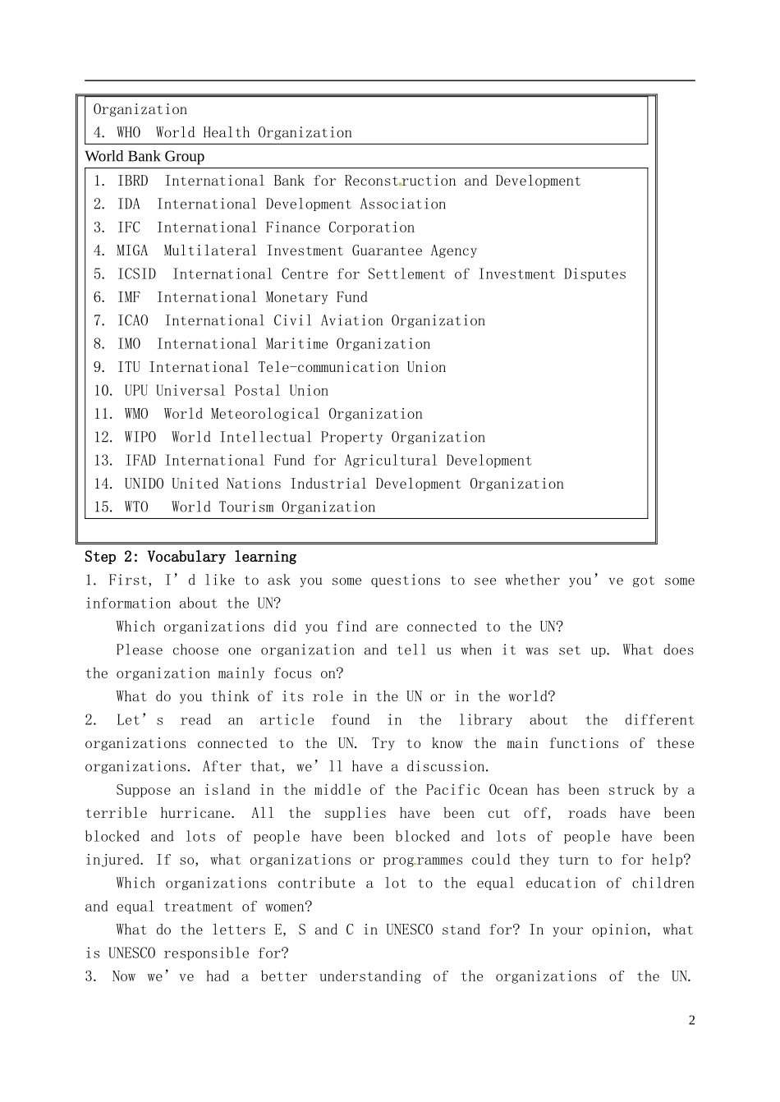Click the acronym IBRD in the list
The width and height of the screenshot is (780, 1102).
click(x=132, y=181)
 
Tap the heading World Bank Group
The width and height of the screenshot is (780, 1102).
click(x=145, y=156)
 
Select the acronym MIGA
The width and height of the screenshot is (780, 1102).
click(x=132, y=251)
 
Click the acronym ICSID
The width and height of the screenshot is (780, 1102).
click(x=136, y=274)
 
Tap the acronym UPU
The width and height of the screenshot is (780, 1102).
click(x=135, y=391)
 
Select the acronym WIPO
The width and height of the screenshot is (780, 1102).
click(x=140, y=438)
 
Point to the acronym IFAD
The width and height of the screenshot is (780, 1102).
click(x=140, y=461)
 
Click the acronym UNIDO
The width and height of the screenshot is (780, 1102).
click(x=144, y=484)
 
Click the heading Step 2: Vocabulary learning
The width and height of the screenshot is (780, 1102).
click(x=190, y=557)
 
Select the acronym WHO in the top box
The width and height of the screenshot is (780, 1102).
click(x=128, y=133)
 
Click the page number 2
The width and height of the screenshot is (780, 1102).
click(x=691, y=1021)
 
